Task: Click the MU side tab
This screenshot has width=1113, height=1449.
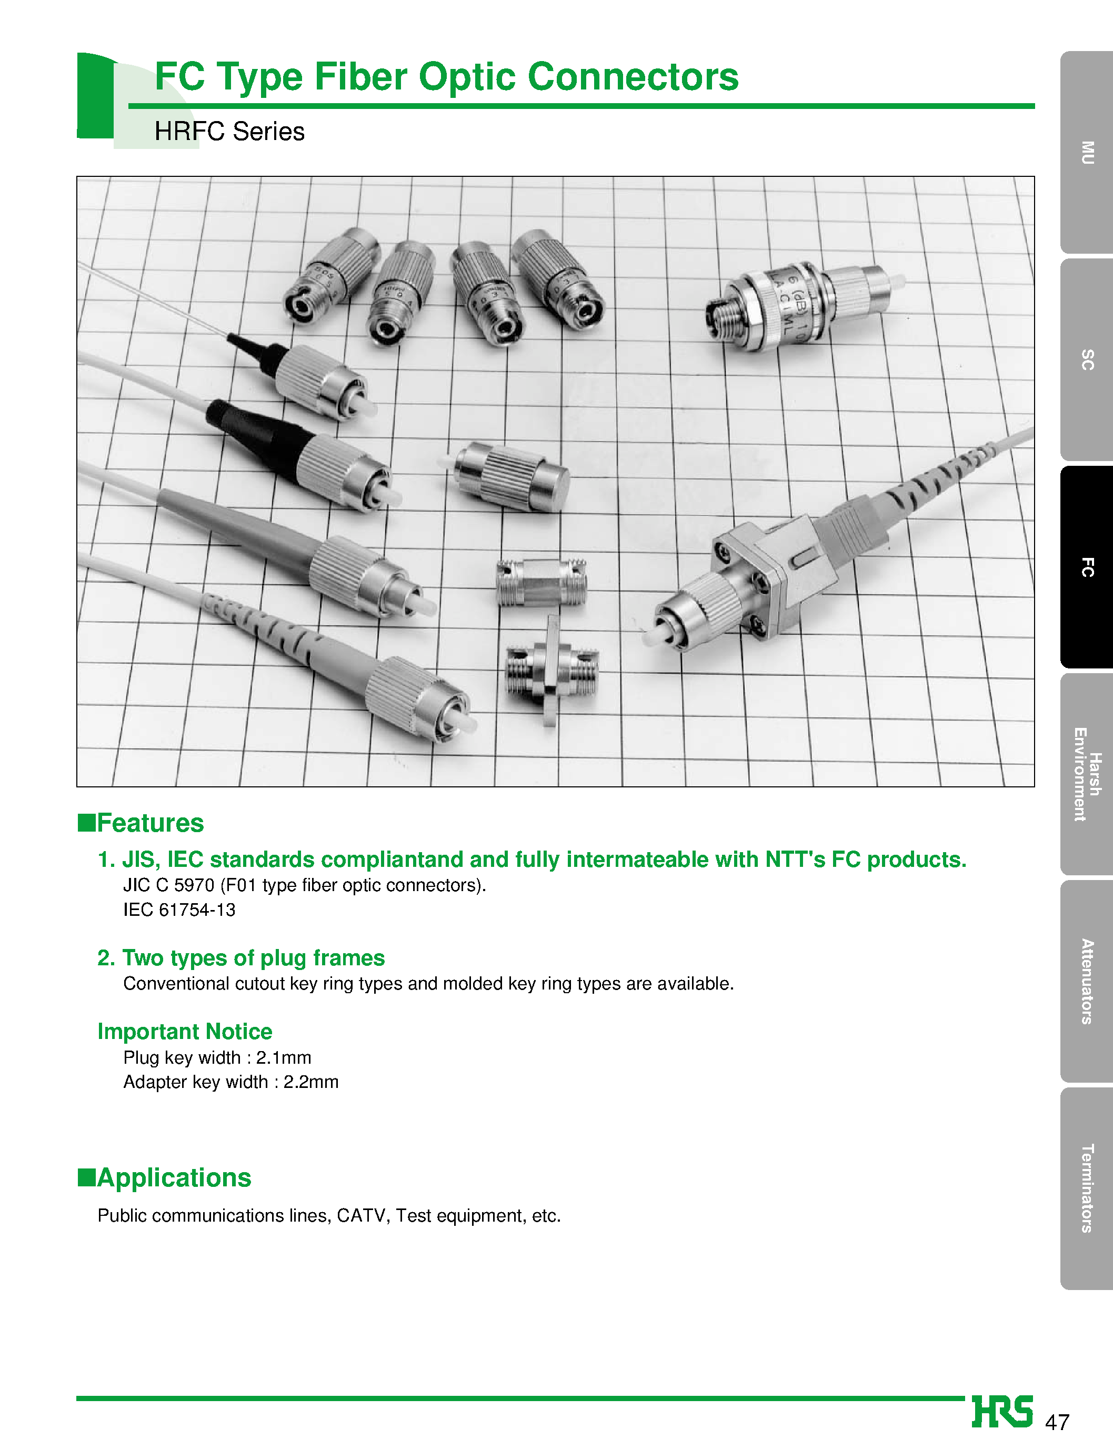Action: (x=1087, y=153)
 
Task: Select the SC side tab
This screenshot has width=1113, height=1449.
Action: (x=1087, y=360)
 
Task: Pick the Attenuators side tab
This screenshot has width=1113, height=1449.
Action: (x=1087, y=981)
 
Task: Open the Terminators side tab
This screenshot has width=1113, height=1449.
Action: (x=1087, y=1188)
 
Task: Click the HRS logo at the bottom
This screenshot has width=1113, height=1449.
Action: (x=1002, y=1411)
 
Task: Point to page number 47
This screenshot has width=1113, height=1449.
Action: (x=1057, y=1422)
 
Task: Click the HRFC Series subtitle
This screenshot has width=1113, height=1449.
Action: (x=229, y=131)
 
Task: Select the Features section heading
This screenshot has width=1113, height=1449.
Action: (x=150, y=823)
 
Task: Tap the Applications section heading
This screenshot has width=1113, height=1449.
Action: (x=174, y=1177)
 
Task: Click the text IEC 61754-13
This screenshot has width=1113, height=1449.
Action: (x=179, y=910)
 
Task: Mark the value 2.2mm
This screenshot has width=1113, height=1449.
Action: (x=310, y=1082)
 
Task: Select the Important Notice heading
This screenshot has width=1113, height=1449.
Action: (x=185, y=1032)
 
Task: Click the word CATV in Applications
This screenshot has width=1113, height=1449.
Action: (x=363, y=1216)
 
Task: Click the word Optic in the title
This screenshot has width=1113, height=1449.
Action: (x=468, y=77)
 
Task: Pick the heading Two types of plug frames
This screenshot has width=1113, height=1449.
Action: (x=241, y=958)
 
